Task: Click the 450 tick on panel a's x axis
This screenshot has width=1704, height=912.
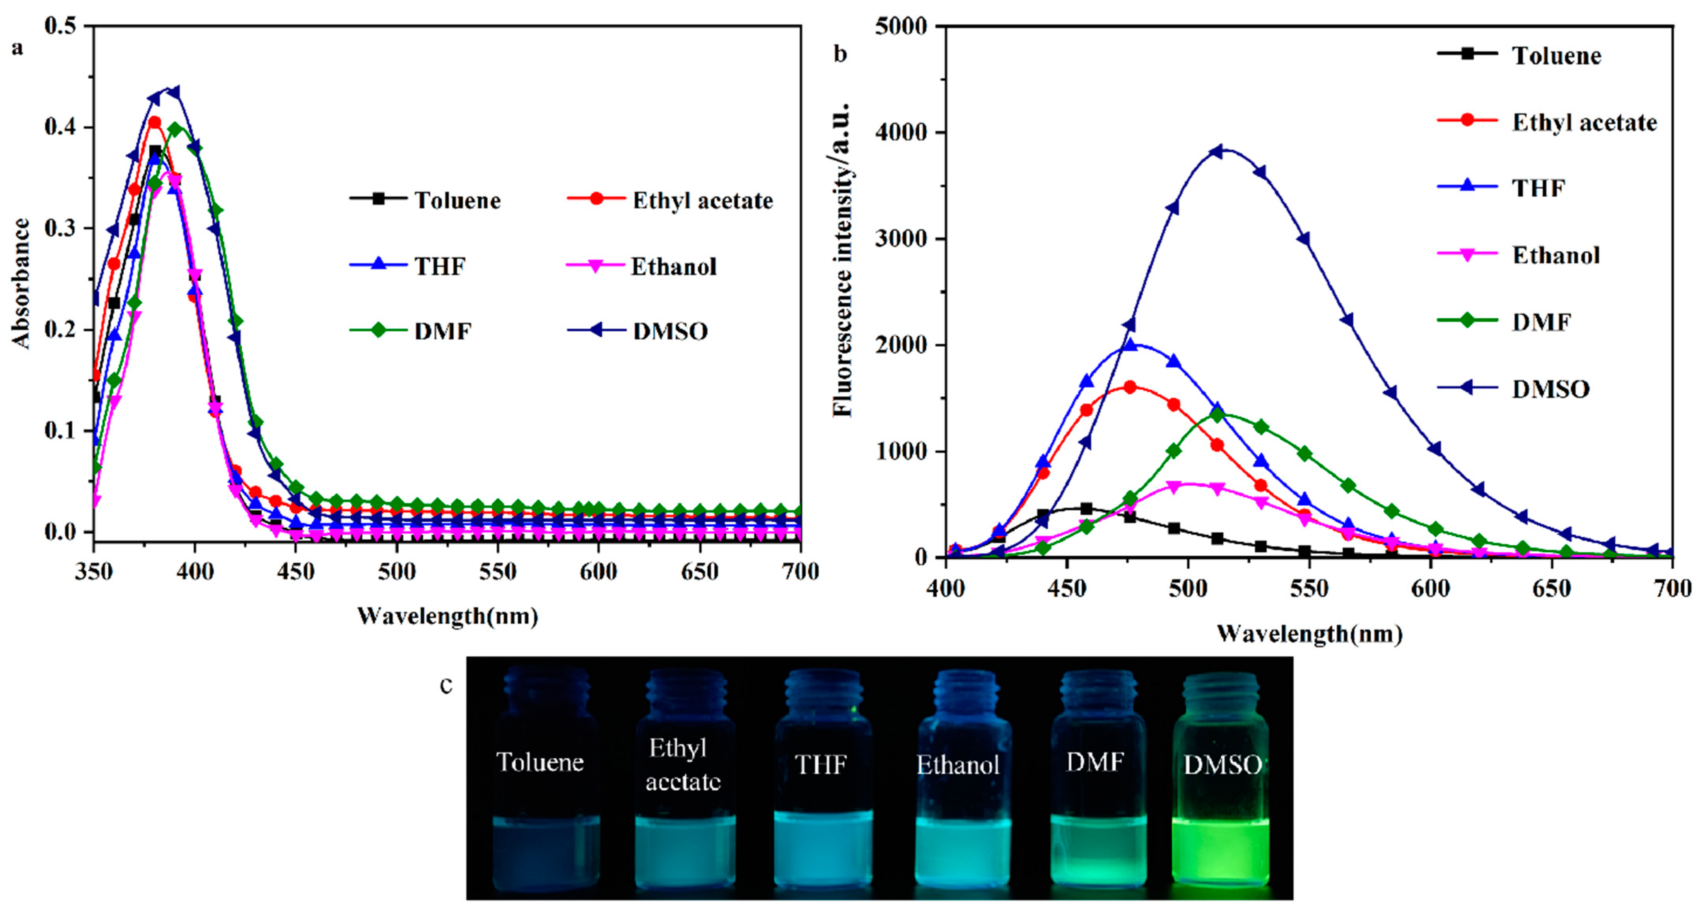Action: pos(295,571)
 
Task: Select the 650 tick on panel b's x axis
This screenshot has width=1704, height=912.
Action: pos(1551,588)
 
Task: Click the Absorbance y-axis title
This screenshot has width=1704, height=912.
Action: pos(21,283)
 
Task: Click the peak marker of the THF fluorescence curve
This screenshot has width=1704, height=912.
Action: pos(1130,345)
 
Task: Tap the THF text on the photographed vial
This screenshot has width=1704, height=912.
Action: pos(820,765)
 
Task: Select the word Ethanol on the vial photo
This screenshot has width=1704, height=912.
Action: pos(957,765)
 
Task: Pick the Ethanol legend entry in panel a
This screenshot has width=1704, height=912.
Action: pos(673,267)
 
